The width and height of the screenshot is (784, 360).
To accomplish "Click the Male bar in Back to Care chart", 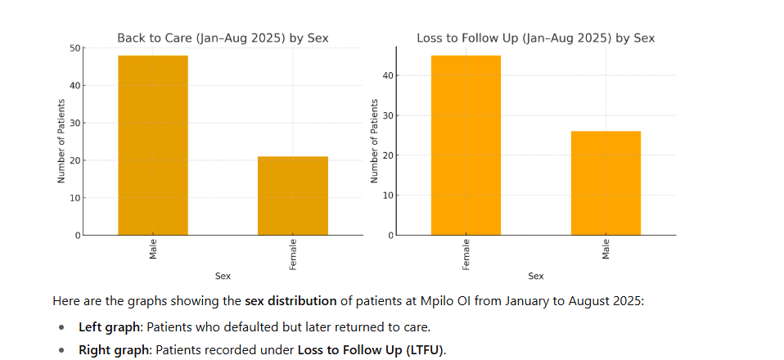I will click(x=153, y=145).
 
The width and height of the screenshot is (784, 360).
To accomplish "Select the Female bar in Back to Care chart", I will click(x=293, y=196).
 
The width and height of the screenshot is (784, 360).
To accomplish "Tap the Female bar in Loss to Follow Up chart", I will click(x=466, y=145).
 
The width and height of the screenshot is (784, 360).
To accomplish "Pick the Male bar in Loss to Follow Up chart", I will click(x=606, y=182).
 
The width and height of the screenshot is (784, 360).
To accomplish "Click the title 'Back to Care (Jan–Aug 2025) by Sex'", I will click(x=223, y=38).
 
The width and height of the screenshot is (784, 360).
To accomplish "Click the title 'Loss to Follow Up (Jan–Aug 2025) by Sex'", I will click(x=535, y=38).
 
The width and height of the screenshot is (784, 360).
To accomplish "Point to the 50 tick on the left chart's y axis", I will click(x=76, y=48).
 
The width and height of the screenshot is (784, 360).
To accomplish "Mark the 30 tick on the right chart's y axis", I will click(x=389, y=115).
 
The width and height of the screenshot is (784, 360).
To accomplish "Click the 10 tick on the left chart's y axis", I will click(x=76, y=198).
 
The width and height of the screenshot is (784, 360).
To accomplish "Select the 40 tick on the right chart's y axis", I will click(x=389, y=75).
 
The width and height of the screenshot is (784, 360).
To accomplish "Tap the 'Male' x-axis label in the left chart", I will click(x=153, y=250).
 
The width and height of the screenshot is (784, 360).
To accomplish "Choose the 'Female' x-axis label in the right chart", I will click(x=466, y=254).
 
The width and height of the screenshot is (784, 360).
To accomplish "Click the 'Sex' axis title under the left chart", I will click(x=223, y=276).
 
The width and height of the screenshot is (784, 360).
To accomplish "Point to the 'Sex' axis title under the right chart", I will click(x=535, y=276).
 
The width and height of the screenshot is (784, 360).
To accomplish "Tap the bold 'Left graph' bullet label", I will click(x=110, y=327).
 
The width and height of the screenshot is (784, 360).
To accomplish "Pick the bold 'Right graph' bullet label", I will click(x=114, y=350).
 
